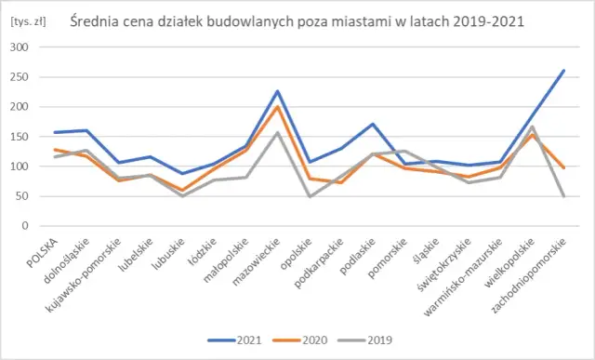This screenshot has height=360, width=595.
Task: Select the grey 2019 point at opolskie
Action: click(x=310, y=197)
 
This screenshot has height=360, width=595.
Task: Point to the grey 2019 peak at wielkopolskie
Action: click(x=532, y=127)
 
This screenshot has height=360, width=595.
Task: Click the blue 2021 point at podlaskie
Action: click(x=373, y=124)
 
